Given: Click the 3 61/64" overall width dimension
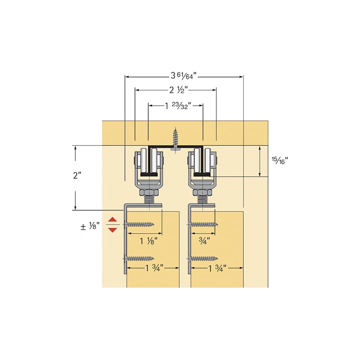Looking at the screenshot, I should [184, 76].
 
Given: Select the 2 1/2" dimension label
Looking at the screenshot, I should [176, 90].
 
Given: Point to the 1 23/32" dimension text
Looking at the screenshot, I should [176, 105].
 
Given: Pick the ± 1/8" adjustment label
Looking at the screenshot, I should [90, 227].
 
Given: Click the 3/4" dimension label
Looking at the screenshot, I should [204, 241].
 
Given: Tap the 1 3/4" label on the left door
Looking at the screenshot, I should [152, 269].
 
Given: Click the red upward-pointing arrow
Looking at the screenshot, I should [113, 220].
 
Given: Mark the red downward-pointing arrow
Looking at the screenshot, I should [113, 230].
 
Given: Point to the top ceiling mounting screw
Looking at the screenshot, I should [175, 138].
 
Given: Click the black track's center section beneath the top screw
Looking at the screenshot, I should [175, 147].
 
